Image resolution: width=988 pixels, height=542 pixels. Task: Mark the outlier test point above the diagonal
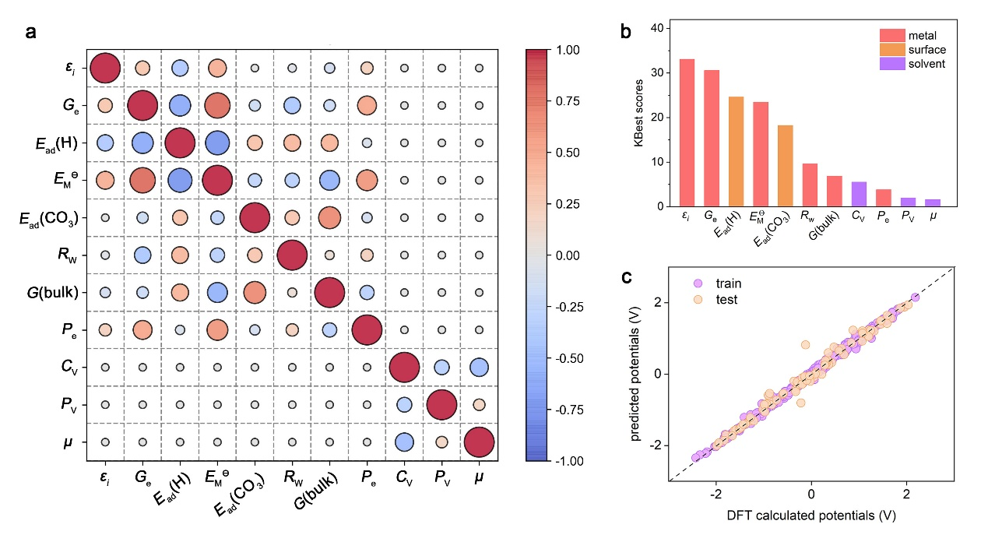[805, 344]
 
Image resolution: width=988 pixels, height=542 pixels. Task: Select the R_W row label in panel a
[69, 255]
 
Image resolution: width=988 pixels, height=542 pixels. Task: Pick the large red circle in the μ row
[478, 442]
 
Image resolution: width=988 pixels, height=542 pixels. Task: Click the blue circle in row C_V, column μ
[478, 367]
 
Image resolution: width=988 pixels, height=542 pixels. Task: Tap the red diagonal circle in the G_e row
[142, 105]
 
